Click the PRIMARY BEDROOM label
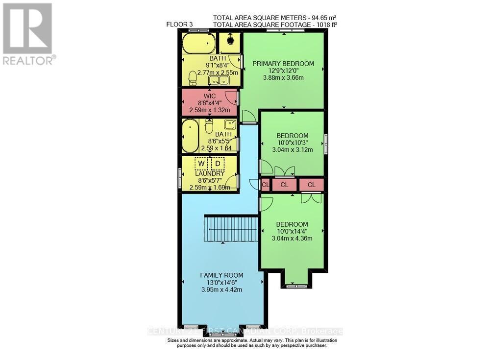[x=283, y=63]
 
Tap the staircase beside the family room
[x=231, y=229]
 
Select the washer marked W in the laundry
[x=201, y=163]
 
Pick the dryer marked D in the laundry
[x=218, y=163]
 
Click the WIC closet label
[x=210, y=96]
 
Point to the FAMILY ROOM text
[x=221, y=275]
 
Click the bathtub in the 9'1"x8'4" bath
[x=198, y=44]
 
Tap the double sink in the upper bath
[x=219, y=80]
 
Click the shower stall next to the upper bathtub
[x=229, y=43]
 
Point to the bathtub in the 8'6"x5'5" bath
[x=190, y=137]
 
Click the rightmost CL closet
[x=312, y=185]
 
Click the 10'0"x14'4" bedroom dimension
[x=292, y=232]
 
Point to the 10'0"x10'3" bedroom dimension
[x=292, y=143]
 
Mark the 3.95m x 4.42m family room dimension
[x=221, y=289]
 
